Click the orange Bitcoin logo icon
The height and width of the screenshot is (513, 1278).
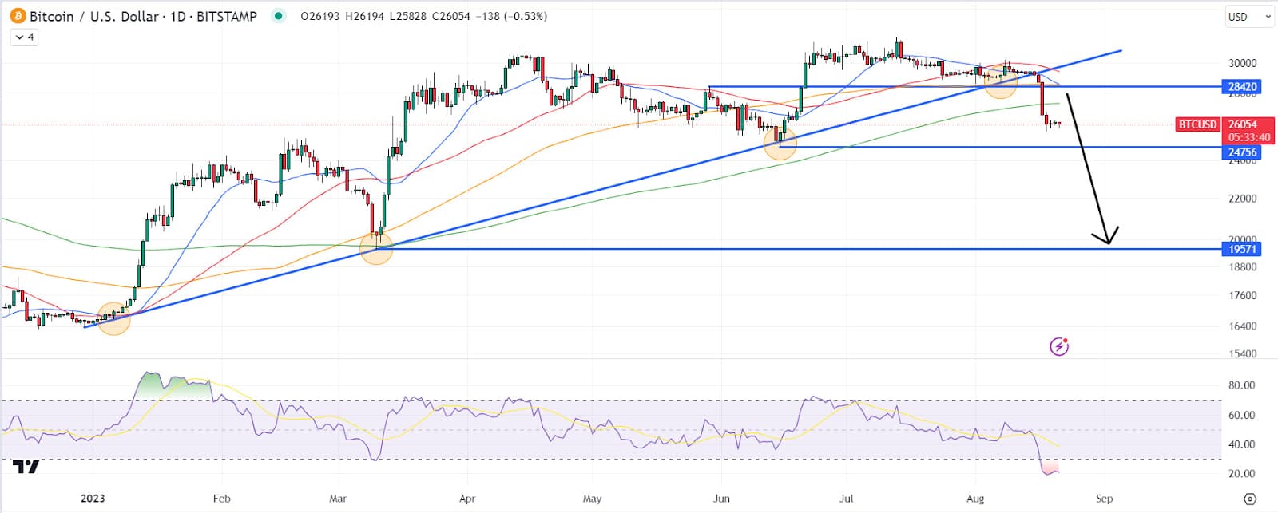pyautogui.click(x=18, y=16)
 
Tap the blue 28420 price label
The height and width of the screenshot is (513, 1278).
pyautogui.click(x=1242, y=87)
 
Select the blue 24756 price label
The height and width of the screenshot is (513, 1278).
pyautogui.click(x=1242, y=152)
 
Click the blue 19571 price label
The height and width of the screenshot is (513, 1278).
pyautogui.click(x=1242, y=249)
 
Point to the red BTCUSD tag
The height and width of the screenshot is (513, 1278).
pyautogui.click(x=1197, y=124)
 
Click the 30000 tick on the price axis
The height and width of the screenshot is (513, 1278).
pyautogui.click(x=1242, y=63)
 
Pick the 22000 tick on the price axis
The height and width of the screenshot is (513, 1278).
pyautogui.click(x=1242, y=198)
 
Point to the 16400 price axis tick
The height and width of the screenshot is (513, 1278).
pyautogui.click(x=1242, y=326)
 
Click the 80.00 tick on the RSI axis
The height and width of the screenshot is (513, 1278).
pyautogui.click(x=1241, y=385)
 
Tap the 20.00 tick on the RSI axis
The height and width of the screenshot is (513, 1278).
pyautogui.click(x=1241, y=473)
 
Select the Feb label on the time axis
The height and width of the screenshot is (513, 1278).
pyautogui.click(x=221, y=499)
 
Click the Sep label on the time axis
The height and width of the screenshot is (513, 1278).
pyautogui.click(x=1104, y=499)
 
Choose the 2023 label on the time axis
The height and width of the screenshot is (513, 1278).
pyautogui.click(x=93, y=499)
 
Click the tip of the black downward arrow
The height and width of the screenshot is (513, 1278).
pyautogui.click(x=1109, y=243)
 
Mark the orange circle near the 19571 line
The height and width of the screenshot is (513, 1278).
pyautogui.click(x=376, y=248)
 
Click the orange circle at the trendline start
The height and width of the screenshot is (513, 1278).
pyautogui.click(x=113, y=318)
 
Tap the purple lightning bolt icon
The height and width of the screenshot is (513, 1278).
pyautogui.click(x=1059, y=346)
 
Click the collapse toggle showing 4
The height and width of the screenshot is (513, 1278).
pyautogui.click(x=24, y=37)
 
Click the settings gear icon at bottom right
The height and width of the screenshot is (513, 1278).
pyautogui.click(x=1250, y=499)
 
